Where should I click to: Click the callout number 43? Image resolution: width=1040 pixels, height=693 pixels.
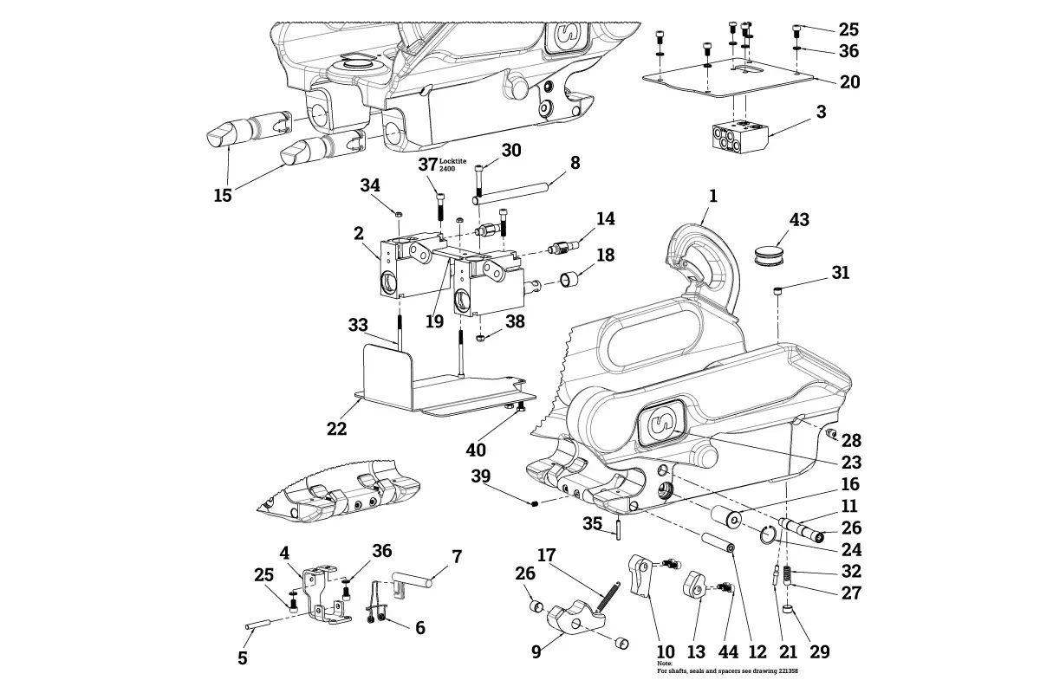click(x=798, y=220)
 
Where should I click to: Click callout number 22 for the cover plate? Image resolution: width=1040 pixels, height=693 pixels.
click(x=338, y=429)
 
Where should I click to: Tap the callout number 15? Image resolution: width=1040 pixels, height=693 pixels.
click(x=223, y=195)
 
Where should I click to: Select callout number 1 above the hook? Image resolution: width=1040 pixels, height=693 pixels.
click(x=712, y=197)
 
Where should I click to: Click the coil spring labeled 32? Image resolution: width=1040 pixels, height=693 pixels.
click(x=787, y=574)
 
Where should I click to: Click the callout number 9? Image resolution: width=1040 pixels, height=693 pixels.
click(x=536, y=651)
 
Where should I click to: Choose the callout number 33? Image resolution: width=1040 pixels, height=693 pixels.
click(x=358, y=325)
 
